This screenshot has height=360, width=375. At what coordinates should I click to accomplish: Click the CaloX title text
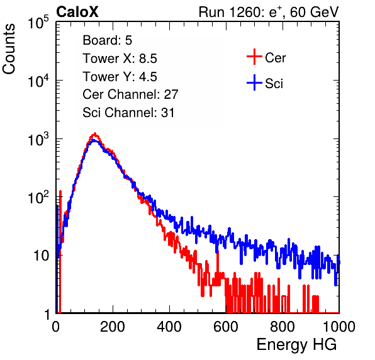coord(77,12)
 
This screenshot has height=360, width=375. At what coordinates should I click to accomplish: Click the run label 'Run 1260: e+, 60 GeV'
coord(269,12)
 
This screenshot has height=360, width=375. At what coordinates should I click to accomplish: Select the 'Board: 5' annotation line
coord(107,40)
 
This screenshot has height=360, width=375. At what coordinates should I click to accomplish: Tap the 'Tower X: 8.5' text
coord(120,59)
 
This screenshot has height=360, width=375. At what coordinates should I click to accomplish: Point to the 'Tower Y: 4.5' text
coord(120,77)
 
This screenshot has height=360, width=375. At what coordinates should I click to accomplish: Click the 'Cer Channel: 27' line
coord(130,94)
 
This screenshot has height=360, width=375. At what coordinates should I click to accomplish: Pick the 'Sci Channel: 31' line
coord(128,113)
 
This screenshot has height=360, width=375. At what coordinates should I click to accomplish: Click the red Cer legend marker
coord(254,57)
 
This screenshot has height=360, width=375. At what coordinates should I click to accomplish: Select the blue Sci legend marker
coord(254,82)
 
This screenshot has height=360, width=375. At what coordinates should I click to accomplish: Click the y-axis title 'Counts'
coord(9,49)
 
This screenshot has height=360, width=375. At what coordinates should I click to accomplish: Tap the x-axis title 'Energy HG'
coord(296,345)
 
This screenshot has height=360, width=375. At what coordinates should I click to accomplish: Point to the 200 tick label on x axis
coord(113,327)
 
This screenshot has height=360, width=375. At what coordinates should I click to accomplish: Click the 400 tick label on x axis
coord(169,327)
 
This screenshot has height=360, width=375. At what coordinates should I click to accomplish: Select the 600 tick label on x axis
coord(226,327)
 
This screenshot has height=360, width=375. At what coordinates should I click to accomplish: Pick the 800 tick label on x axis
coord(283,327)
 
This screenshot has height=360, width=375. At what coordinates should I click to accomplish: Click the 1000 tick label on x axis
coord(339,327)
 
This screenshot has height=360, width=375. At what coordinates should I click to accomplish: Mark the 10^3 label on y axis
coord(38,139)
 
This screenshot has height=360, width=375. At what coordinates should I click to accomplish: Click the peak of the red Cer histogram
coord(95,133)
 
